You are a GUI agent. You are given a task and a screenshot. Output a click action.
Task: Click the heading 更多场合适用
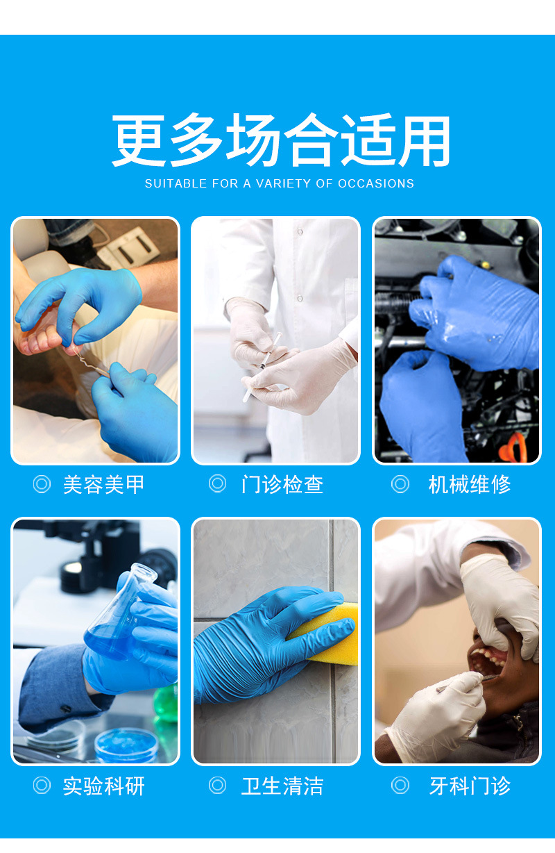point(280,140)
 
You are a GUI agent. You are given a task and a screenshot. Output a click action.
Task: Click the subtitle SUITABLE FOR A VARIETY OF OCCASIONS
point(279,184)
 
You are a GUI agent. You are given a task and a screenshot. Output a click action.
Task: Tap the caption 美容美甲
point(103,485)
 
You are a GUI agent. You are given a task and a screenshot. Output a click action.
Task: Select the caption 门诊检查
point(282,485)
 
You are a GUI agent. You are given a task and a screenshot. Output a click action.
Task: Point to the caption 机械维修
point(469,485)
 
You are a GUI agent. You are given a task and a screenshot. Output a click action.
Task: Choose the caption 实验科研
point(103,786)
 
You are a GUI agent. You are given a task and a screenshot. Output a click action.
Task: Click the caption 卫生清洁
point(282,786)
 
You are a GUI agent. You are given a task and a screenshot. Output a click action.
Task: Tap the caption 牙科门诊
point(469,786)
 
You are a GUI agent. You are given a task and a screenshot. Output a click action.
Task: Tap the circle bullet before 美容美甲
point(42,484)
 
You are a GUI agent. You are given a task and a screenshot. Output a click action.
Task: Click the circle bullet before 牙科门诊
point(400,786)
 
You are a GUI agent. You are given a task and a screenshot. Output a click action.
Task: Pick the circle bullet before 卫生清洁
point(217,786)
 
